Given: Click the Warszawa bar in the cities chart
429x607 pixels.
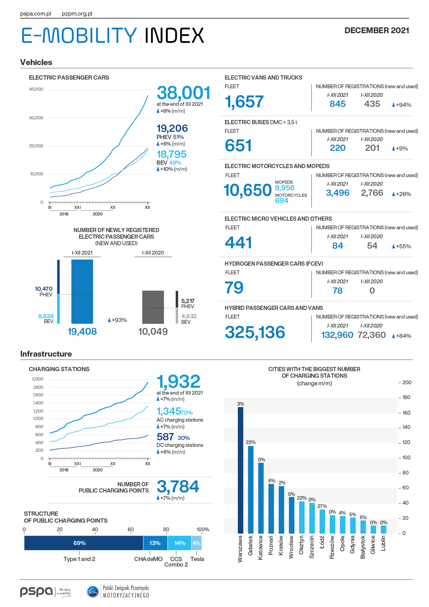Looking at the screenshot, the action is click(x=241, y=470).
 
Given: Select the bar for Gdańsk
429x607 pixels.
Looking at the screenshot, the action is click(x=251, y=490).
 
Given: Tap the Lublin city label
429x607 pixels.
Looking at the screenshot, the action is click(x=383, y=543).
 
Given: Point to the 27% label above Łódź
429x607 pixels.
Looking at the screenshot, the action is click(x=322, y=506).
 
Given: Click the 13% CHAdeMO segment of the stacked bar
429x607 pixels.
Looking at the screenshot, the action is click(x=155, y=543).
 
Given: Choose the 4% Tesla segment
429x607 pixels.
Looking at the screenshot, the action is click(x=196, y=543).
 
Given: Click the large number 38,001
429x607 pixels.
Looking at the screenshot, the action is click(x=184, y=93).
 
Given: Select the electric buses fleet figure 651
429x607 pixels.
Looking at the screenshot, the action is click(x=238, y=145).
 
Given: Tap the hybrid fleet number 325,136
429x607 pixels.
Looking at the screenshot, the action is click(x=255, y=332).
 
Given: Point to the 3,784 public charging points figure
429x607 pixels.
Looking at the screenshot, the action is click(x=178, y=487).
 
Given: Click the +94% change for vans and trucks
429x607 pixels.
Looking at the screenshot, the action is click(x=402, y=105).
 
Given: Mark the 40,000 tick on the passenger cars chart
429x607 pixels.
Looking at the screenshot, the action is click(x=36, y=89).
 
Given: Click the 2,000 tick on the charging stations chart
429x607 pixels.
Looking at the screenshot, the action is click(x=38, y=379).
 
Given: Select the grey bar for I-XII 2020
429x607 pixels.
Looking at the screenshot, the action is click(x=153, y=307).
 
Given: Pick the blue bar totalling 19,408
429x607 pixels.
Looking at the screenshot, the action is click(x=82, y=292).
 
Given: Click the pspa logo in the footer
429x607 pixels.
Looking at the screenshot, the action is click(x=37, y=591).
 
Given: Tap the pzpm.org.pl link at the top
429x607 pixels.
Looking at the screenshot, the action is click(x=77, y=14).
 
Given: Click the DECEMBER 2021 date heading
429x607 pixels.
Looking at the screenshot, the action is click(x=377, y=30).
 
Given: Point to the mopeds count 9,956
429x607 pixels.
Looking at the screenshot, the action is click(x=285, y=188).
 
